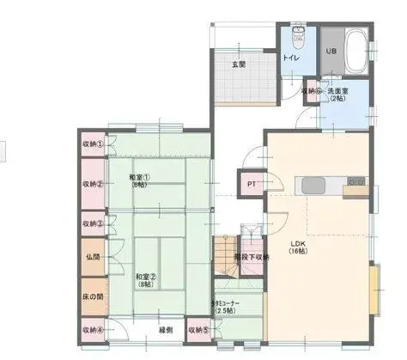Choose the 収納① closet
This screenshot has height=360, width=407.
click(93, 143)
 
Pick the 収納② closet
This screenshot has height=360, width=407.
click(93, 183)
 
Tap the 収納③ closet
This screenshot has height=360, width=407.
click(93, 223)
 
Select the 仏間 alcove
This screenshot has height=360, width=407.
click(93, 257)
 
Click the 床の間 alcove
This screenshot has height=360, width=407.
click(93, 295)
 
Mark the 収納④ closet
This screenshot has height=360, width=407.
click(93, 328)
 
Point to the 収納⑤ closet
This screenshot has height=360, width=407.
click(198, 328)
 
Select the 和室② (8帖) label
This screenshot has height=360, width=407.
click(145, 280)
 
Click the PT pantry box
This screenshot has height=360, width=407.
click(252, 184)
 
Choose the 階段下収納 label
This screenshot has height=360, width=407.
click(254, 256)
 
